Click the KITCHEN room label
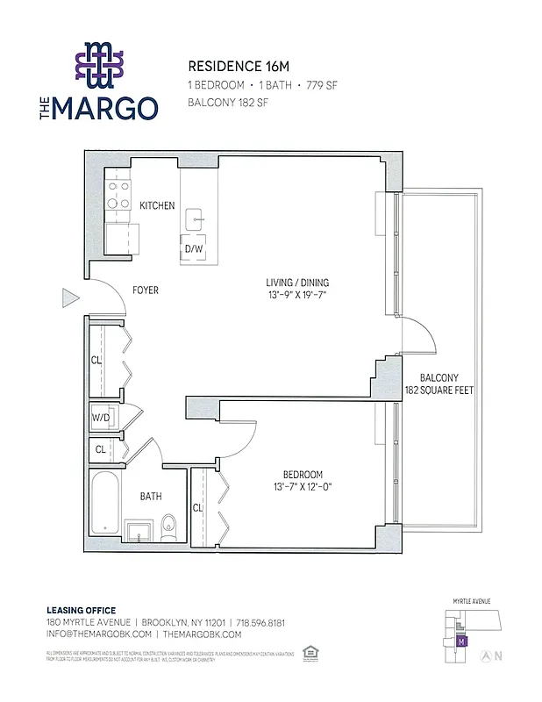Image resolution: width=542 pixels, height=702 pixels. [x=157, y=205]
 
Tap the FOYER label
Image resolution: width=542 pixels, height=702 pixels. [x=146, y=290]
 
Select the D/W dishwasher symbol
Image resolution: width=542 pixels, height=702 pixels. [x=194, y=248]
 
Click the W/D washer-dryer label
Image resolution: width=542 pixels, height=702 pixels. [x=100, y=417]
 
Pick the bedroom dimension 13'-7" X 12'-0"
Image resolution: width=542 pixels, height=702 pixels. [x=303, y=486]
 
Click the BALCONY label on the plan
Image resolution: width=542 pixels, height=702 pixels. [x=439, y=378]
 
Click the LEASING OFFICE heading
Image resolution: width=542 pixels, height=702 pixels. [x=81, y=610]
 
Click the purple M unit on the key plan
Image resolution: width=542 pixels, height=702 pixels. [x=461, y=641]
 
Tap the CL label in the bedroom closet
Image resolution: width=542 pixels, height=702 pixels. [x=198, y=507]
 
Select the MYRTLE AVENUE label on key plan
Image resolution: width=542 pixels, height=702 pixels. [x=472, y=601]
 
